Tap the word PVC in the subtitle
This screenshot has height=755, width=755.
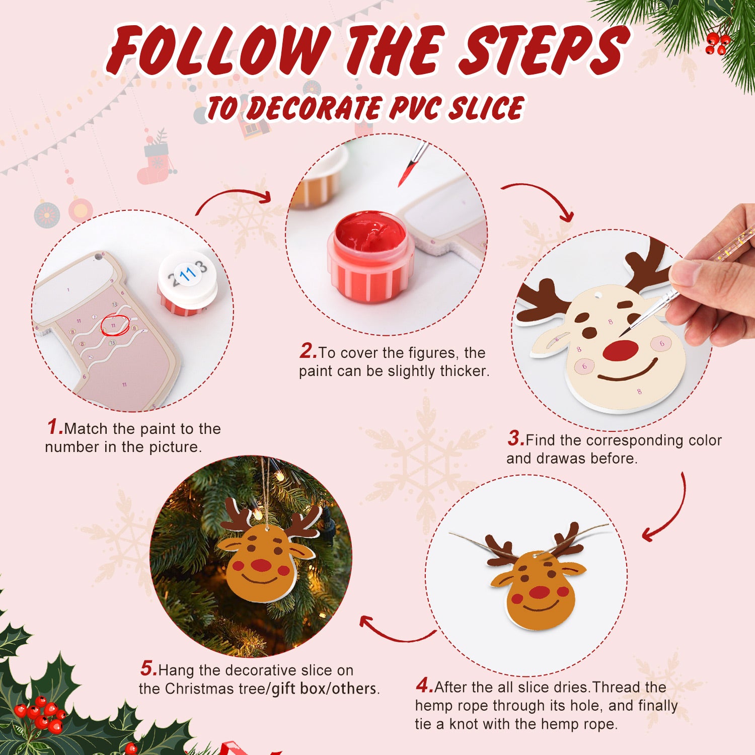tap(414, 108)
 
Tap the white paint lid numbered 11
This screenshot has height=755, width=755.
tap(188, 276)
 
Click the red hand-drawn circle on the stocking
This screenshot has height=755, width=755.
tap(115, 326)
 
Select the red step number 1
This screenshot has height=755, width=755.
tap(54, 427)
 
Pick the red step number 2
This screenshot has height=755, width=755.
tap(308, 351)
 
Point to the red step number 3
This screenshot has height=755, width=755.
tap(515, 438)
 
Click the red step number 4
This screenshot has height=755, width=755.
tap(424, 686)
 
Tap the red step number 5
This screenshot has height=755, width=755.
tap(148, 669)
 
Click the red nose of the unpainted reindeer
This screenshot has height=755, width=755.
tap(620, 350)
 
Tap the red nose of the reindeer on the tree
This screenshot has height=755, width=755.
tap(261, 565)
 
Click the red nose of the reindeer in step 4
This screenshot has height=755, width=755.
tap(539, 592)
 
